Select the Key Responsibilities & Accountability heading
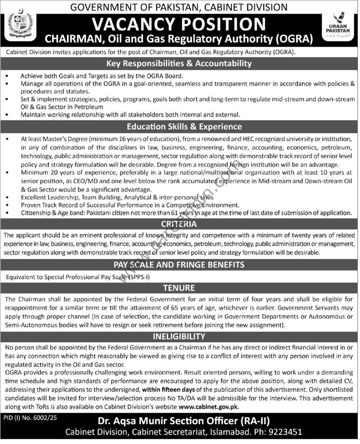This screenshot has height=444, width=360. click(x=180, y=63)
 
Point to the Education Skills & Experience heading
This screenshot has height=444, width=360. click(x=180, y=127)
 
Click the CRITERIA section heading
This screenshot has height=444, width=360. click(x=180, y=224)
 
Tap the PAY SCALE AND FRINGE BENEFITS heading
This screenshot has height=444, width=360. click(x=180, y=264)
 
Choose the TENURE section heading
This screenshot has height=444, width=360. click(x=180, y=287)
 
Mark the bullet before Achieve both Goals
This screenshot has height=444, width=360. click(x=8, y=75)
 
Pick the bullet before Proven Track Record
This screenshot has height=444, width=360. click(x=8, y=205)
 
